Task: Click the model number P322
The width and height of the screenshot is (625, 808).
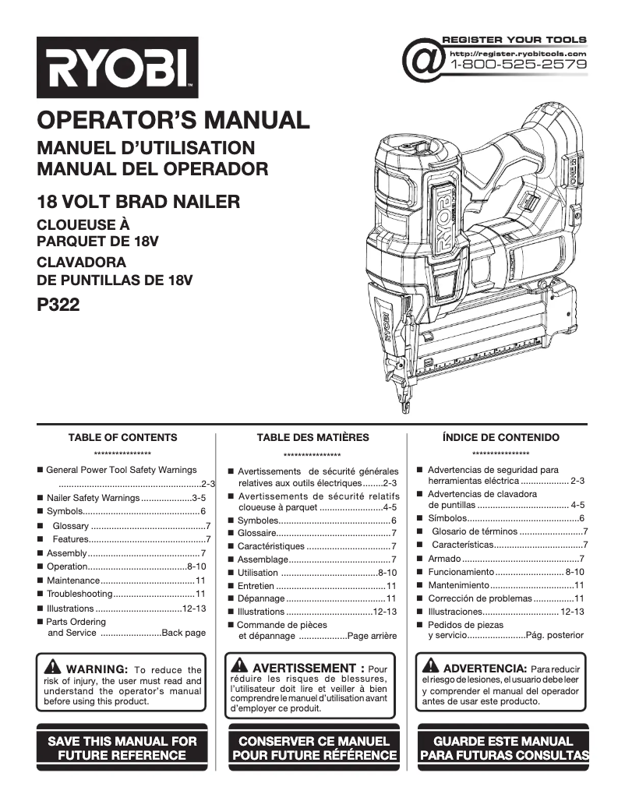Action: tap(58, 306)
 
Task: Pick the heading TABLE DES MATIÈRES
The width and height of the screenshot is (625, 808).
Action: tap(312, 438)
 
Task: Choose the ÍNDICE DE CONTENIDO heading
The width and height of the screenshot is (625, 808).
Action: tap(500, 438)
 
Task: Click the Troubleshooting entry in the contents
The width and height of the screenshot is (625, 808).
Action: tap(80, 594)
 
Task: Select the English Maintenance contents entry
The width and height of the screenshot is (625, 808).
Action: tap(73, 580)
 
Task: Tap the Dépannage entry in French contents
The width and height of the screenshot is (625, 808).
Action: tap(261, 598)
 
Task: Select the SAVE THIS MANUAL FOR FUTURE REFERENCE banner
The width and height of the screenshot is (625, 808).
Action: tap(122, 748)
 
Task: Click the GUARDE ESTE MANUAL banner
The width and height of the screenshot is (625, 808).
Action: tap(503, 748)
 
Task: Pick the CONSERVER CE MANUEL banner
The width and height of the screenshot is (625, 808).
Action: tap(313, 748)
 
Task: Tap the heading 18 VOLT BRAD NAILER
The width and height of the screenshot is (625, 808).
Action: tap(139, 203)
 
